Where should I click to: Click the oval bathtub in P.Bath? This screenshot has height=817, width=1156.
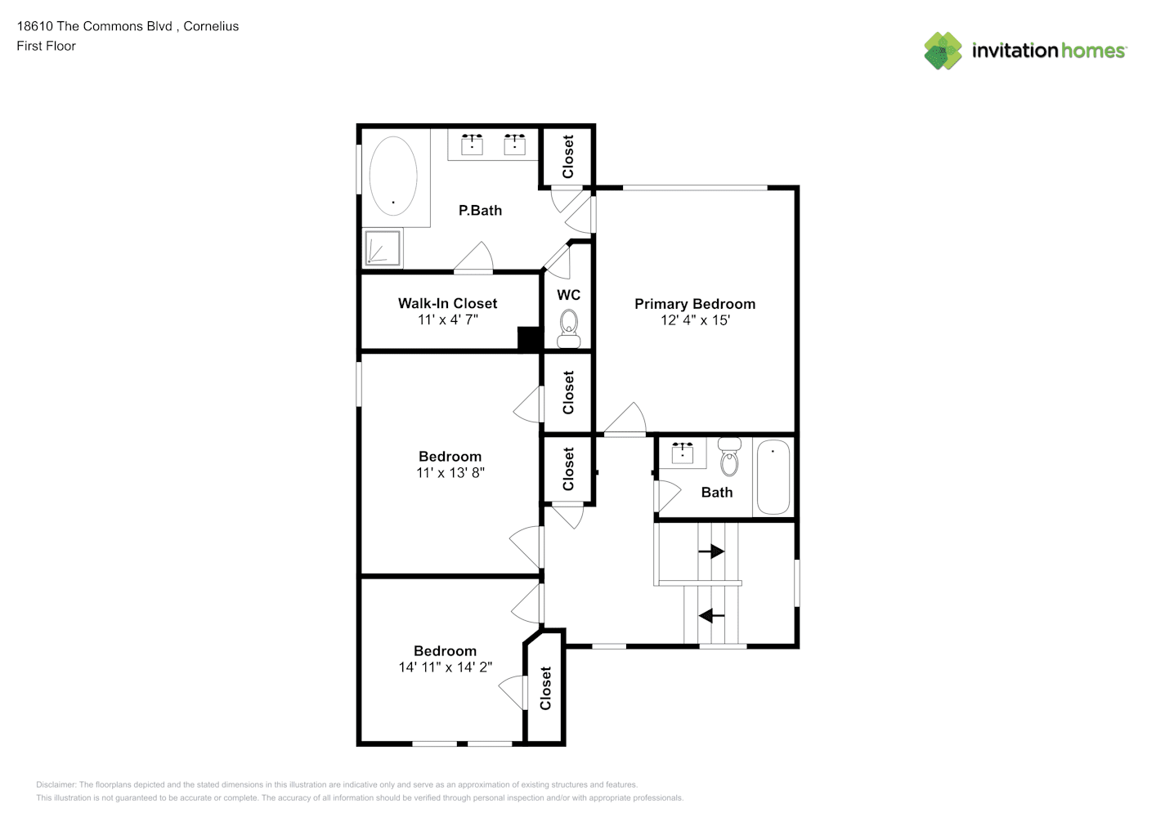393,176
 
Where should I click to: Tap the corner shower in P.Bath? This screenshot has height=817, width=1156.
383,248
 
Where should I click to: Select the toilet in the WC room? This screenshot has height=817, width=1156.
569,328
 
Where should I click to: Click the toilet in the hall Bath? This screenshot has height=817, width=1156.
729,456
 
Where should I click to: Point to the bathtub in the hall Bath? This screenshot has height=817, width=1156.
773,476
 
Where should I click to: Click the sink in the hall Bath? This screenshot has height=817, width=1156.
683,453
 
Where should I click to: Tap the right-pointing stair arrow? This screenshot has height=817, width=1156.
711,551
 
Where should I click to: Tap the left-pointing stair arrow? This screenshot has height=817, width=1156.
711,615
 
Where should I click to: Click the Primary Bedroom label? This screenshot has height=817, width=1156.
695,304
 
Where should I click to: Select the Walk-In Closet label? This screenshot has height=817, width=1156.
447,303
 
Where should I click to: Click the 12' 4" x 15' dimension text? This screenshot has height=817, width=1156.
695,320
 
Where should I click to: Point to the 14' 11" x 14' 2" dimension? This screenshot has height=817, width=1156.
446,667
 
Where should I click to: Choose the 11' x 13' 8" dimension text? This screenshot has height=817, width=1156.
450,472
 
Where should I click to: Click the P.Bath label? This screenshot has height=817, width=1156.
480,211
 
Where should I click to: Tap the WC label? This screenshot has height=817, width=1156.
569,295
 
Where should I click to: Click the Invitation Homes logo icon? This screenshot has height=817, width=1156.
943,51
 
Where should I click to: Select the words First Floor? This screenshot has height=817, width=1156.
46,46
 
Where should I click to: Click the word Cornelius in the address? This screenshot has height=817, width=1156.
211,26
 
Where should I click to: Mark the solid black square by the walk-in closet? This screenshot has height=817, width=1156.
528,339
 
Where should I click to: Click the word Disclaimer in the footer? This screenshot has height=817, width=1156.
56,784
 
